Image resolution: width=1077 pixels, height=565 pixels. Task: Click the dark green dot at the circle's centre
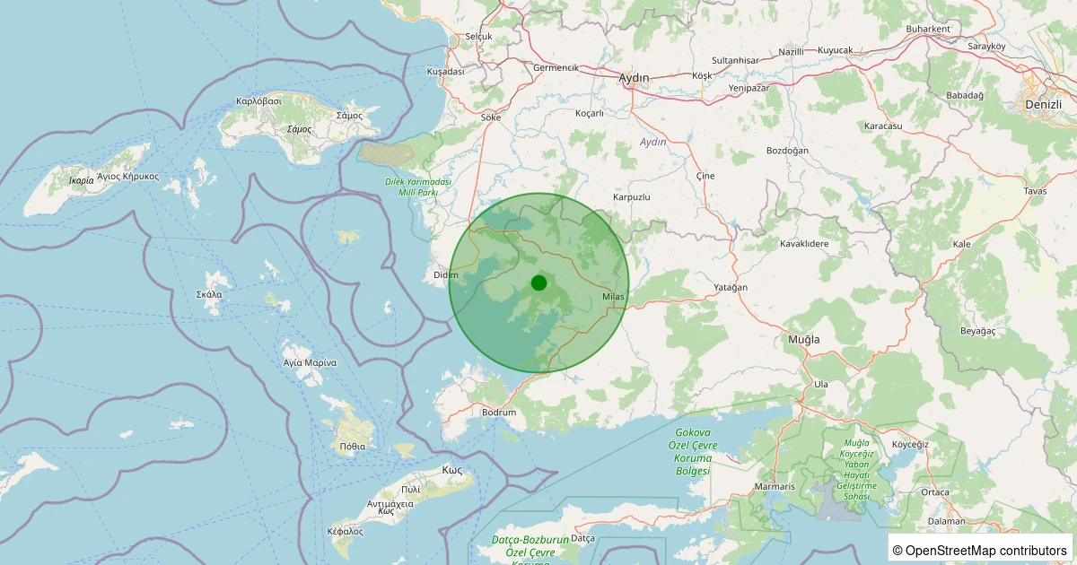pos(538,283)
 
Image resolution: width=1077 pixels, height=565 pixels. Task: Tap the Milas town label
pos(613,297)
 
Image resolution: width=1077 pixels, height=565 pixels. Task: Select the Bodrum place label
pos(499,413)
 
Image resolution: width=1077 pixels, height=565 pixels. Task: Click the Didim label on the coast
pos(446,275)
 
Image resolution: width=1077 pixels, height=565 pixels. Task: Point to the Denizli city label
pos(1042,105)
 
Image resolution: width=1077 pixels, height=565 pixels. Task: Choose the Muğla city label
pos(803,340)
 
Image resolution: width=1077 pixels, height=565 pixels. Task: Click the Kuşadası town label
pos(445,71)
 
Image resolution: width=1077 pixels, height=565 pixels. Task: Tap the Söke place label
pos(491,117)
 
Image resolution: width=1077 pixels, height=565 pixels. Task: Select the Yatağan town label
pos(730,287)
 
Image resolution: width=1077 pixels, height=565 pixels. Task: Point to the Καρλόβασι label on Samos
pos(258,101)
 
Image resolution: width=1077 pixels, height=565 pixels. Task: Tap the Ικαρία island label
pos(81,180)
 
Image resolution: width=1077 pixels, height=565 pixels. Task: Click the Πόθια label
pos(353,446)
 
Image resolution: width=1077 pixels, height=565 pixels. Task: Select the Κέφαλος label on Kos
pos(346,531)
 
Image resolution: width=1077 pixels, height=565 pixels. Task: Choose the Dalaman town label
pos(948,521)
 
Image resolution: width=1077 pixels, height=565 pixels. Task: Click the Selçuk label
pos(478,37)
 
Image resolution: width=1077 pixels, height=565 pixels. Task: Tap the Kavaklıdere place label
pos(803,244)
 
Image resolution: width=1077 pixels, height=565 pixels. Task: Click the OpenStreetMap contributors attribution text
pos(981,550)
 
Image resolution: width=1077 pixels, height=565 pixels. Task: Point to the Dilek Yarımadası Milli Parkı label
pos(417,187)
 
